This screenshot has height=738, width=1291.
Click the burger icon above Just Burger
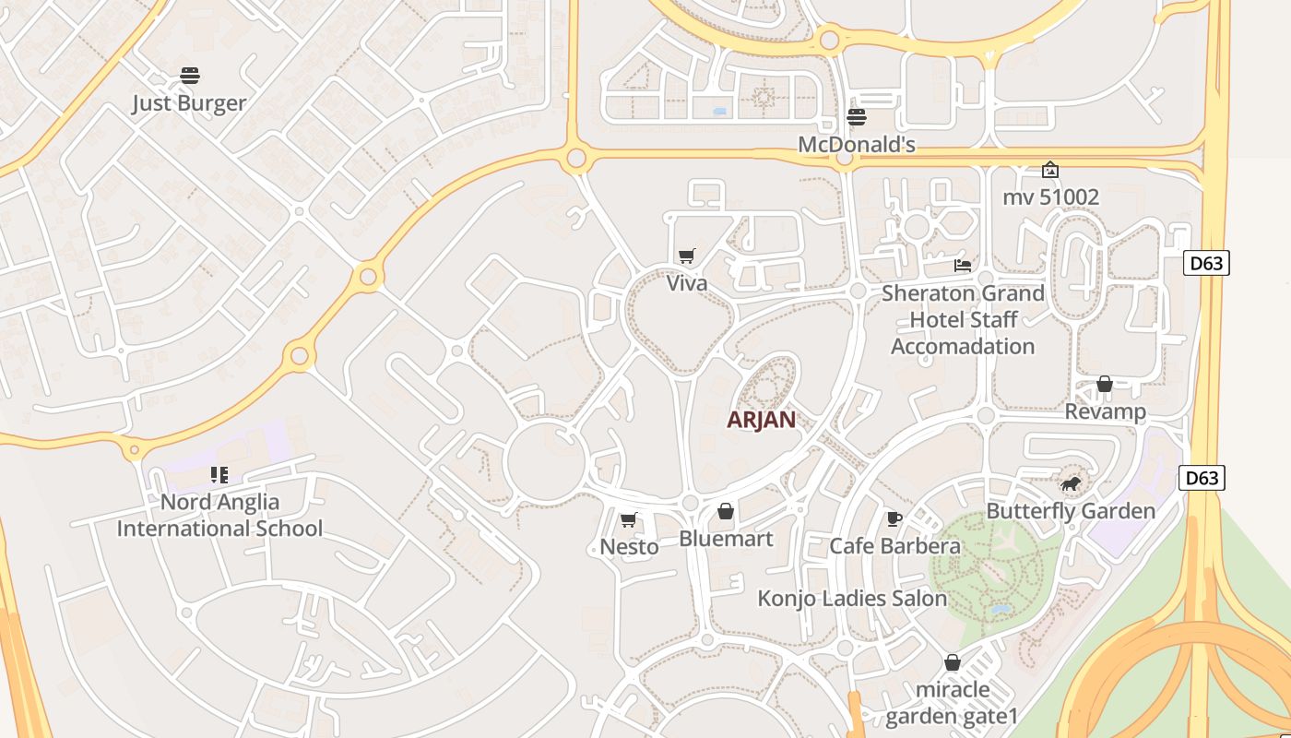[190, 76]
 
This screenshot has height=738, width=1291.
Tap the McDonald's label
[856, 145]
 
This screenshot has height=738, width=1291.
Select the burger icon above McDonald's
[857, 117]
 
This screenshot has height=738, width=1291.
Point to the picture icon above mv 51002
[1049, 170]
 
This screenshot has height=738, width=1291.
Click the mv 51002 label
[1050, 197]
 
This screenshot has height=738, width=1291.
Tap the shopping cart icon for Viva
[686, 256]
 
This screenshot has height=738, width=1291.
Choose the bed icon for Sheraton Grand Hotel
[963, 266]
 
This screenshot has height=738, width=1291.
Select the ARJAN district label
[761, 420]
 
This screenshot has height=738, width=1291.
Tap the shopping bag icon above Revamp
[1105, 384]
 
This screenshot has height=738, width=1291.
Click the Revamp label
[1105, 411]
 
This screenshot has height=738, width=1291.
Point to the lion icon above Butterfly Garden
[1071, 483]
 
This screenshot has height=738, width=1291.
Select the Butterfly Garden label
[1071, 511]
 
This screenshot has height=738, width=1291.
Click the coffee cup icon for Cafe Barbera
[894, 518]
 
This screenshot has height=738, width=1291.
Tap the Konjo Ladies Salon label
[852, 599]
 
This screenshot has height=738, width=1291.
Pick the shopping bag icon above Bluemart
[726, 511]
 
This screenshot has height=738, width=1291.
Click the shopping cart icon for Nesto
[629, 520]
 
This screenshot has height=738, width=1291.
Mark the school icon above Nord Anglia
[219, 475]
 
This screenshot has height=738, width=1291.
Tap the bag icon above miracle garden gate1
[953, 662]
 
